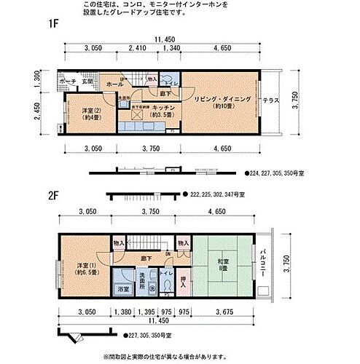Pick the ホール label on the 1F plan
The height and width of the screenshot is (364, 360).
pos(115,84)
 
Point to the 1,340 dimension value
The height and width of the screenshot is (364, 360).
pos(172,48)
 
